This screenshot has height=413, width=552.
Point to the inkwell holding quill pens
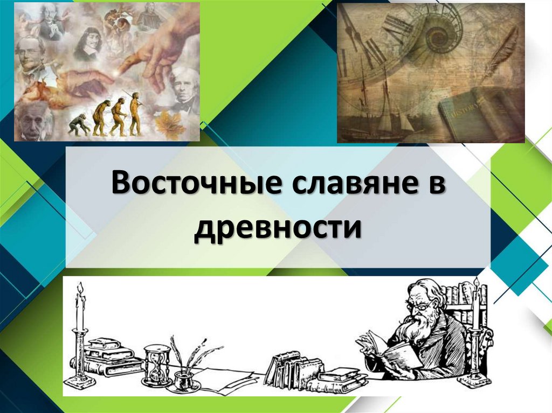(187, 372)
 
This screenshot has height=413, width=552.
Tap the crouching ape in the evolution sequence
(79, 124)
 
